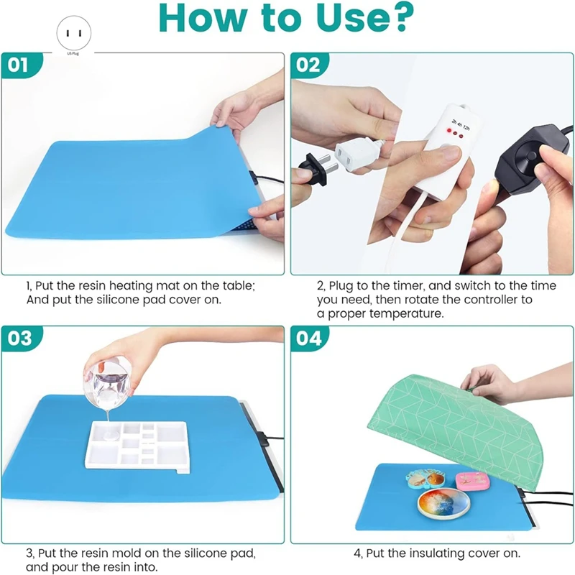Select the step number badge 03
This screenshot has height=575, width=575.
click(x=19, y=338)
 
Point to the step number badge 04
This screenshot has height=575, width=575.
click(x=308, y=338)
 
